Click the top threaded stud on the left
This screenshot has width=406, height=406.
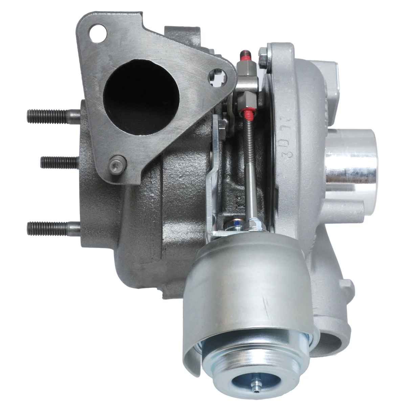[x=47, y=116]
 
